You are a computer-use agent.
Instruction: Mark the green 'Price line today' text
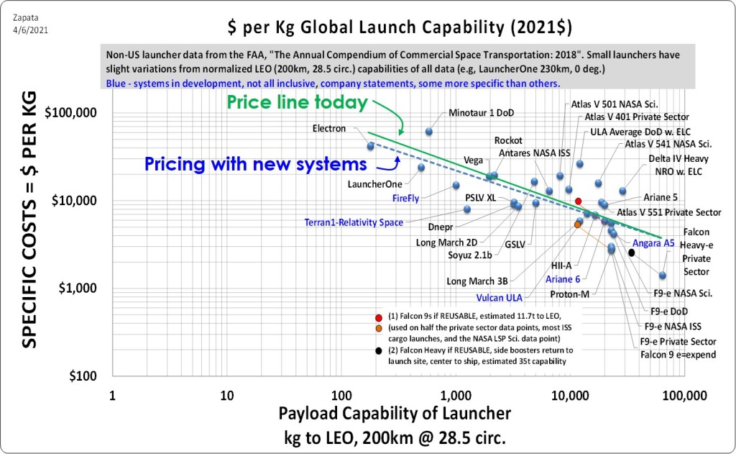coord(297,102)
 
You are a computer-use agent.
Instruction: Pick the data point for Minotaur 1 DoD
coord(429,132)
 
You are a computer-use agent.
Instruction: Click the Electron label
coord(329,128)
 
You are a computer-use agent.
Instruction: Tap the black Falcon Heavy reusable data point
coord(631,253)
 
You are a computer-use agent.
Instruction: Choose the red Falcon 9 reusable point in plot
coord(578,201)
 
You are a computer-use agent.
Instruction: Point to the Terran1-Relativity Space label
coord(354,222)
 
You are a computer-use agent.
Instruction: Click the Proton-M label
coord(569,294)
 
